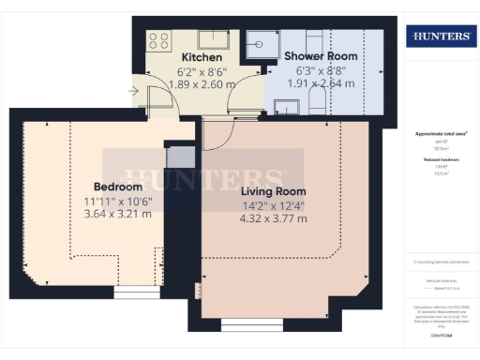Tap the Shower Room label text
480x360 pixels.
321,56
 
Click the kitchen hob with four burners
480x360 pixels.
158,40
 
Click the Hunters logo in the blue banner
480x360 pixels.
438,37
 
